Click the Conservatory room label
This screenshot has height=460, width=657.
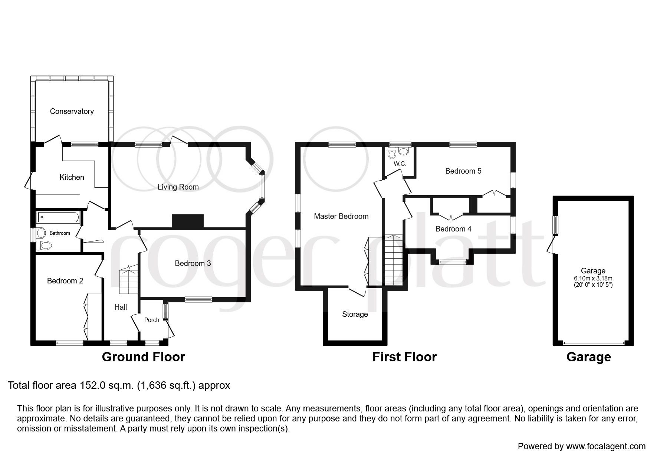coord(72,111)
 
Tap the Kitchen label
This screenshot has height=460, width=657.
coord(72,177)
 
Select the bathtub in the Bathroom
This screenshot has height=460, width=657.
coord(58,217)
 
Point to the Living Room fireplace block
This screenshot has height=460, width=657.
coord(188,221)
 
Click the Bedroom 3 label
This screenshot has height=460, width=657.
coord(193,263)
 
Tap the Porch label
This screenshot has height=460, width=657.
coord(151,320)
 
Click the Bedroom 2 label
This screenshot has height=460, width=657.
coord(65,281)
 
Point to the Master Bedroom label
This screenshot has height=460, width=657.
coord(341,216)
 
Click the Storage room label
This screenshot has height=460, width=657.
coord(355,314)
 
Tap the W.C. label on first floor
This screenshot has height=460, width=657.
coord(400,164)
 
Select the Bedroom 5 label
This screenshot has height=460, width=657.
coord(463,171)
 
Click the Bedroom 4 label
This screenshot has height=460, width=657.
coord(453,229)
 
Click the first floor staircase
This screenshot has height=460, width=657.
coord(393,260)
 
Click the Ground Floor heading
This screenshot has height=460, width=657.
coord(143,357)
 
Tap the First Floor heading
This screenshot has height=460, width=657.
coord(404,357)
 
